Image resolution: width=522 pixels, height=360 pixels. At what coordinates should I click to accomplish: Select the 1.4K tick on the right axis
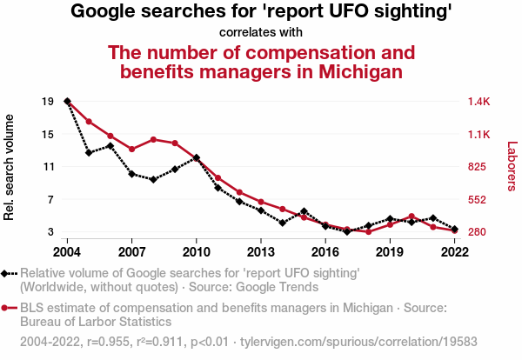tap(480, 102)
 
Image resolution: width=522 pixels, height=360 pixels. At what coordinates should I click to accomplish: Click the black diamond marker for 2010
tap(197, 158)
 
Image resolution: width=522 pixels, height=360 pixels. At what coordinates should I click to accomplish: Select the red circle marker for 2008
tap(153, 139)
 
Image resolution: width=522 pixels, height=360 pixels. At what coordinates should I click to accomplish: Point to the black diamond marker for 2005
tap(89, 152)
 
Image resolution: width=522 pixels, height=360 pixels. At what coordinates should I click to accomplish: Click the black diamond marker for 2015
tap(304, 211)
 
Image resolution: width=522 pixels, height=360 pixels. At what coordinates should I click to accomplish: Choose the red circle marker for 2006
tap(110, 136)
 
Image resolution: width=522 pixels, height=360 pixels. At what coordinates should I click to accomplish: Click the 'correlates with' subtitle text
tap(261, 32)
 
